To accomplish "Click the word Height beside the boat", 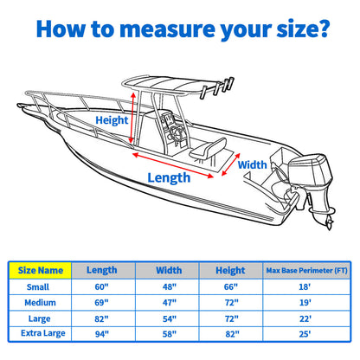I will click(111, 121).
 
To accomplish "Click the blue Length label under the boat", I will click(168, 177).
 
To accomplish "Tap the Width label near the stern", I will click(253, 164).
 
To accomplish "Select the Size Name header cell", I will click(40, 270).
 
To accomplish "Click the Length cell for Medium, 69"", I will click(102, 302).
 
